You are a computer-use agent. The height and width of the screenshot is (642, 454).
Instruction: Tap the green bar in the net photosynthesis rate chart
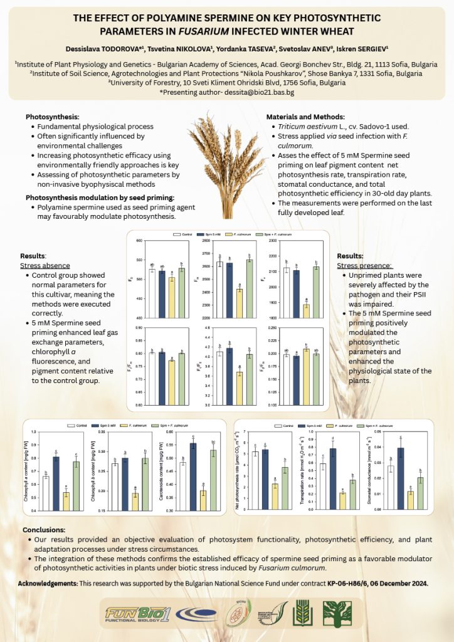click(x=284, y=488)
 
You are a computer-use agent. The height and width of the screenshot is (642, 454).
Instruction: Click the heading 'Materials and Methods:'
click(x=305, y=117)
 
